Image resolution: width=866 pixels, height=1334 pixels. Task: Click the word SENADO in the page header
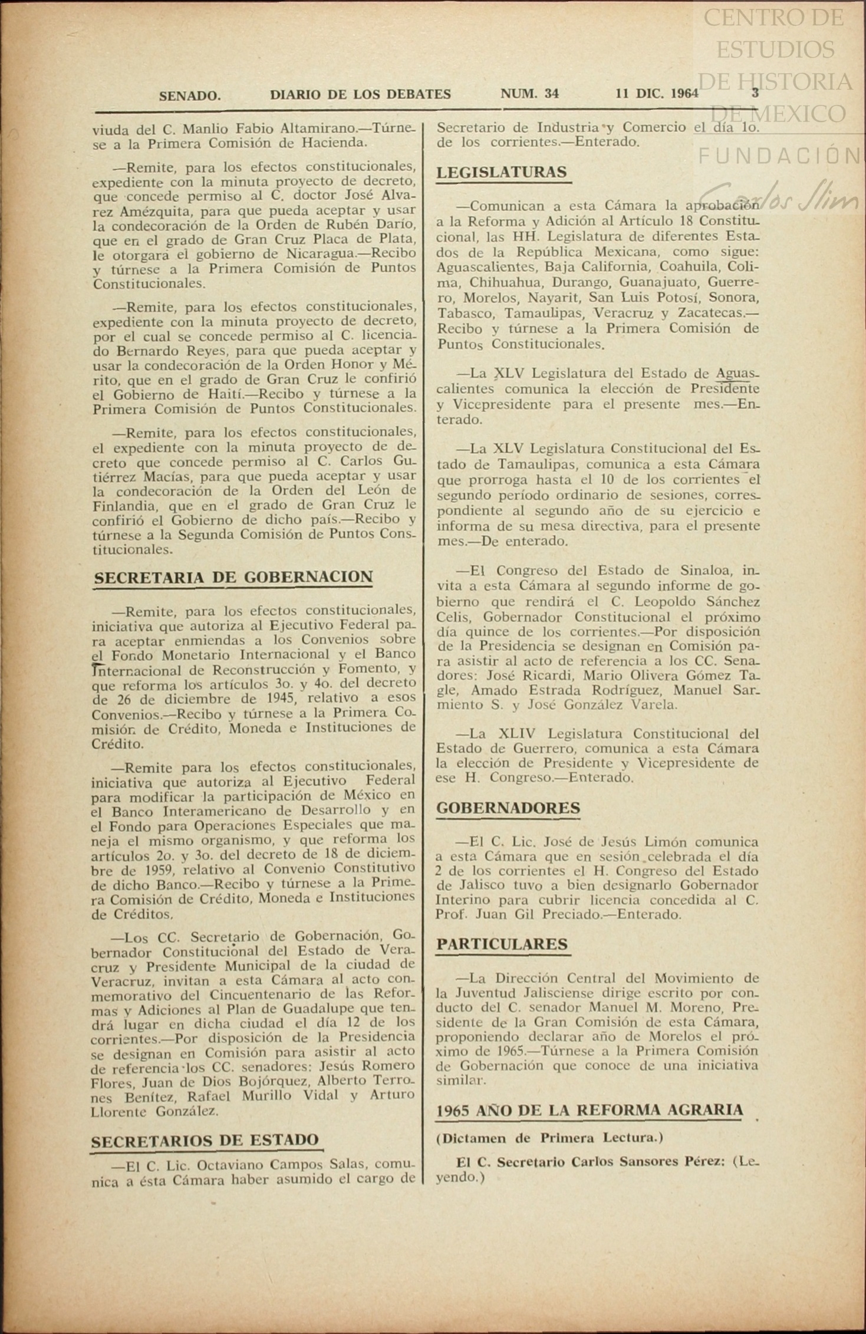tap(190, 95)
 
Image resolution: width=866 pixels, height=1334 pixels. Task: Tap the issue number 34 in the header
tap(552, 94)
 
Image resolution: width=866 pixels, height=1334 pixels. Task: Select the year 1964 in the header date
tap(684, 93)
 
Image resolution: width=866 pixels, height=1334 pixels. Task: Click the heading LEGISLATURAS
tap(502, 172)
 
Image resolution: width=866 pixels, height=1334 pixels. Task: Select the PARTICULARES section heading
tap(502, 944)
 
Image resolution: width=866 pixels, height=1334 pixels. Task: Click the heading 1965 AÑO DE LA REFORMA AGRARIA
tap(590, 1110)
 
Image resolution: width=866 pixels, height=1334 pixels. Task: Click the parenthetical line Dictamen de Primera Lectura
tap(549, 1138)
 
